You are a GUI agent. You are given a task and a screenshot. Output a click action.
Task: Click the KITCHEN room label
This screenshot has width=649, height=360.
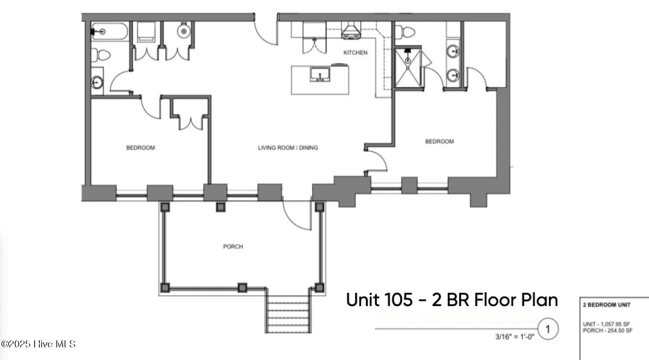tap(355, 53)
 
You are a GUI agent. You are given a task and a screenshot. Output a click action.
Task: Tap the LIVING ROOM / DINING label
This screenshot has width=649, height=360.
tap(287, 148)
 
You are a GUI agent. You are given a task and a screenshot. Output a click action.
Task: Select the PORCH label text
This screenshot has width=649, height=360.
tap(233, 247)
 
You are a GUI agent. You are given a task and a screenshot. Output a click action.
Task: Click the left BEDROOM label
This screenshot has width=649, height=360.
tap(140, 148)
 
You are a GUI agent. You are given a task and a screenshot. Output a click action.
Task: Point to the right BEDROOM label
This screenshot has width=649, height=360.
tap(439, 141)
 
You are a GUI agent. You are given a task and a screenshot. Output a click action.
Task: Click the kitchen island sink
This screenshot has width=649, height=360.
tap(320, 74)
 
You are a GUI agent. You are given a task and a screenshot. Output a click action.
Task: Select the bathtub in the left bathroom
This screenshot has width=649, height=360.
tap(110, 32)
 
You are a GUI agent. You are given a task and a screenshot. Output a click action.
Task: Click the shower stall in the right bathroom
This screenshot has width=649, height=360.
tap(408, 67)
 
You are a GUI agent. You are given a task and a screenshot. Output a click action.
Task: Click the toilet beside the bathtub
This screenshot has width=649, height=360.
tap(101, 55)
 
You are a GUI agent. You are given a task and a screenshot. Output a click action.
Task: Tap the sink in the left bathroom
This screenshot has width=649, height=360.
tap(97, 82)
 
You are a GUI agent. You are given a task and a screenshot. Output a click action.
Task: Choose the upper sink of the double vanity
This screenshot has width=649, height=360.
tap(453, 51)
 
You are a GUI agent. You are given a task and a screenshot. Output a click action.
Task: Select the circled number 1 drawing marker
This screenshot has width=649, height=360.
tap(548, 328)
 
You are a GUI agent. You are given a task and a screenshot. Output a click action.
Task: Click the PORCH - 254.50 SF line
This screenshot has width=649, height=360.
tap(608, 330)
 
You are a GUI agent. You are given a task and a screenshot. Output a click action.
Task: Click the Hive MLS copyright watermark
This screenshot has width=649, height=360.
tap(38, 344)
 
